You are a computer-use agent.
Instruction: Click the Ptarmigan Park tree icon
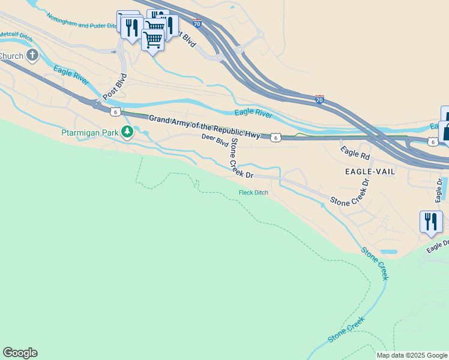[127, 131]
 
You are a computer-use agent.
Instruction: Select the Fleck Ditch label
[253, 193]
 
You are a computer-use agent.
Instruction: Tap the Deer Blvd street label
[215, 140]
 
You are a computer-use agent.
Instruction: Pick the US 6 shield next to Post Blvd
[115, 112]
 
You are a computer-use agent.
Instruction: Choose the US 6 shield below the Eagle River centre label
[275, 137]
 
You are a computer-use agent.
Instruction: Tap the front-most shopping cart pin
[152, 40]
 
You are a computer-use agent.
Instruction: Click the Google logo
[20, 353]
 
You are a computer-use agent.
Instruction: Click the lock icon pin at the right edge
[445, 131]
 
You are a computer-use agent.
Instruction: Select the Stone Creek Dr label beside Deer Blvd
[240, 157]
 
